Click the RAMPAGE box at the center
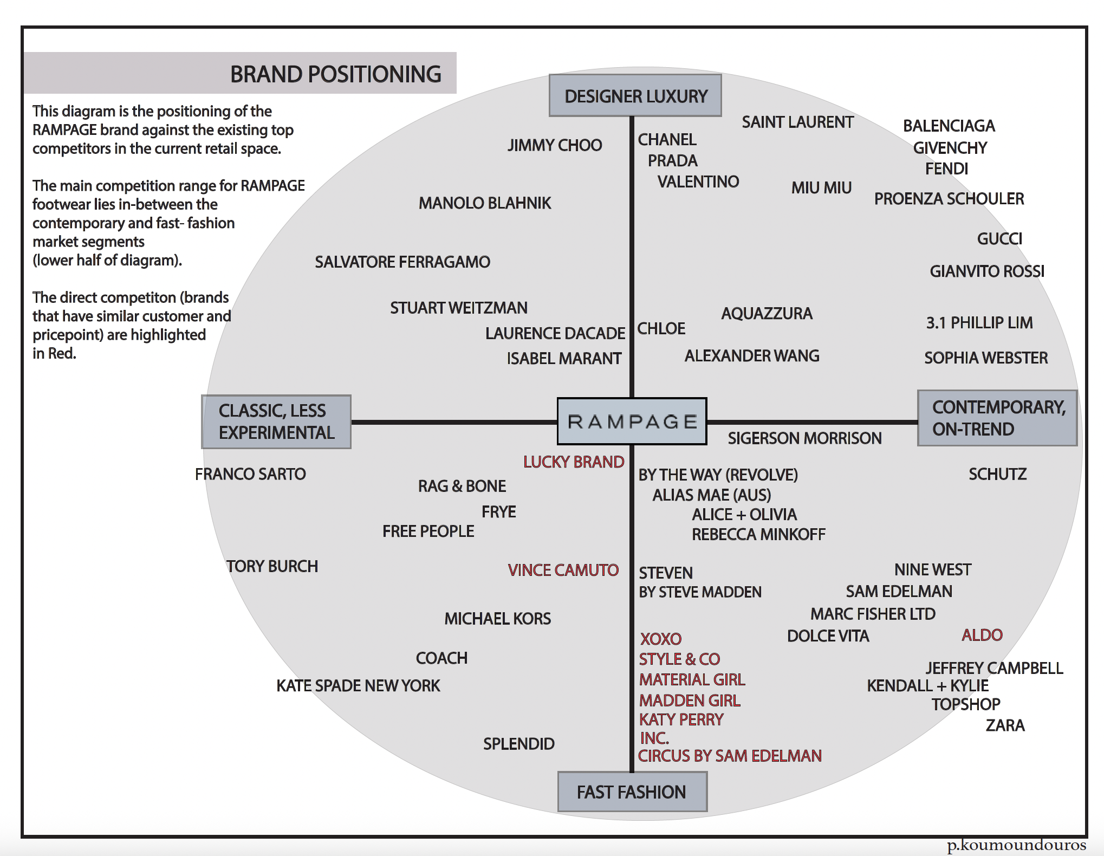(x=632, y=421)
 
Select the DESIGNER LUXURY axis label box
(x=635, y=96)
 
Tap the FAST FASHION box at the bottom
(x=632, y=792)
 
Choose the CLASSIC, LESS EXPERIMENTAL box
(x=276, y=421)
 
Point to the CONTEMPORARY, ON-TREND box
(x=997, y=418)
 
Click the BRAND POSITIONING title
(x=335, y=74)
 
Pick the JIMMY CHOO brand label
(x=555, y=145)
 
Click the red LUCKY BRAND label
(x=574, y=462)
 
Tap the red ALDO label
(x=982, y=635)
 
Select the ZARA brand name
(x=1005, y=725)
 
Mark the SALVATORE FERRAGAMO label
(x=402, y=262)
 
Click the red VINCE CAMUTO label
(x=563, y=570)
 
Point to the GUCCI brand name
(x=999, y=239)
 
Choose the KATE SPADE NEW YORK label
(x=358, y=686)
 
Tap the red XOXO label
(x=661, y=639)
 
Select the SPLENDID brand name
(x=518, y=744)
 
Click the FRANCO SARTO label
(x=250, y=474)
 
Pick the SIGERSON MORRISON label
(x=804, y=438)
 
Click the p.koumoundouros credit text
(x=1016, y=846)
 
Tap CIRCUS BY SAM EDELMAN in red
(x=730, y=756)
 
